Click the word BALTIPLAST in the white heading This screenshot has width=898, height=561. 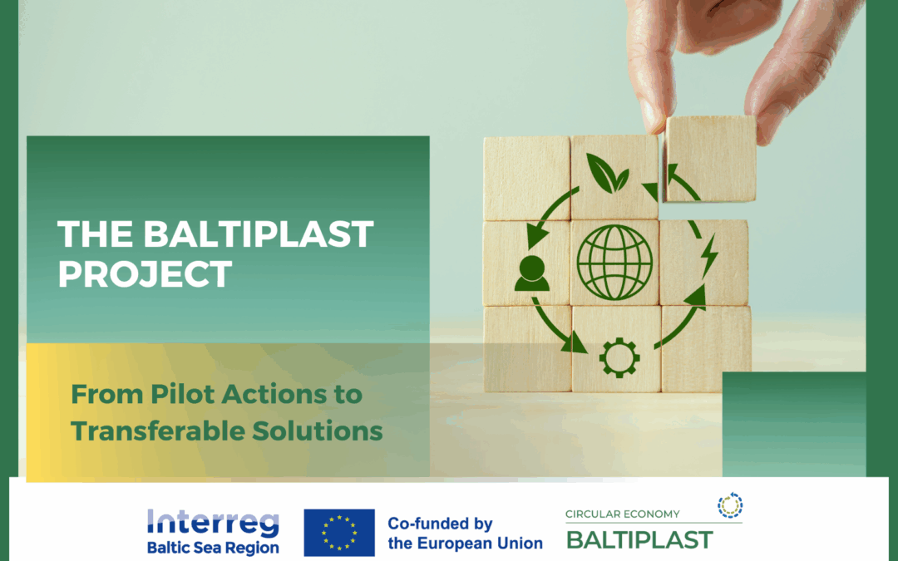pyautogui.click(x=259, y=234)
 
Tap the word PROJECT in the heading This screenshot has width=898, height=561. pyautogui.click(x=145, y=274)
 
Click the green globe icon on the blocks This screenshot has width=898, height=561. pyautogui.click(x=616, y=262)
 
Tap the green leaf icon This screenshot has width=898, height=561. pyautogui.click(x=607, y=172)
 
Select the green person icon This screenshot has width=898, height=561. pyautogui.click(x=531, y=273)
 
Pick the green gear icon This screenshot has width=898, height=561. pyautogui.click(x=619, y=357)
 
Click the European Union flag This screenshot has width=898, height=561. pyautogui.click(x=339, y=533)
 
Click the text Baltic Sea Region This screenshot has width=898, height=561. pyautogui.click(x=213, y=548)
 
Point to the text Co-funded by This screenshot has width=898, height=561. pyautogui.click(x=441, y=524)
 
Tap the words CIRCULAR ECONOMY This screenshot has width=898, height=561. pyautogui.click(x=623, y=514)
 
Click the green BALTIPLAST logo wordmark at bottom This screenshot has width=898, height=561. pyautogui.click(x=639, y=540)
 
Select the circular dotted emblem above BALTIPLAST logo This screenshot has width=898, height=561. pyautogui.click(x=730, y=504)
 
